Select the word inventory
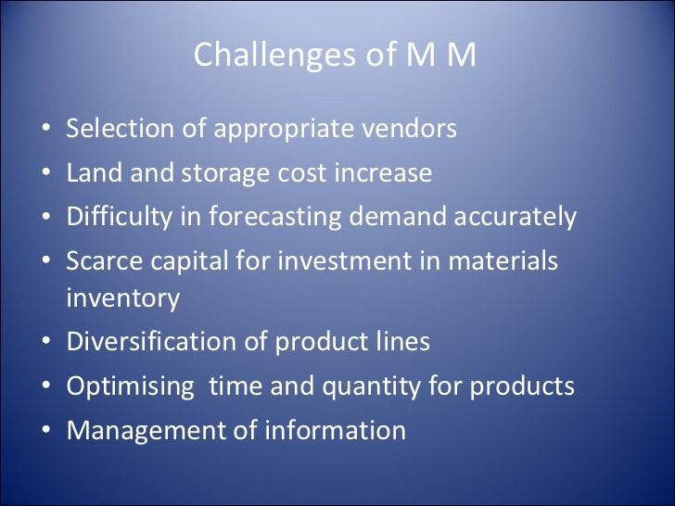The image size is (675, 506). click(x=122, y=298)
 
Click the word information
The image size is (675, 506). click(x=337, y=430)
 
